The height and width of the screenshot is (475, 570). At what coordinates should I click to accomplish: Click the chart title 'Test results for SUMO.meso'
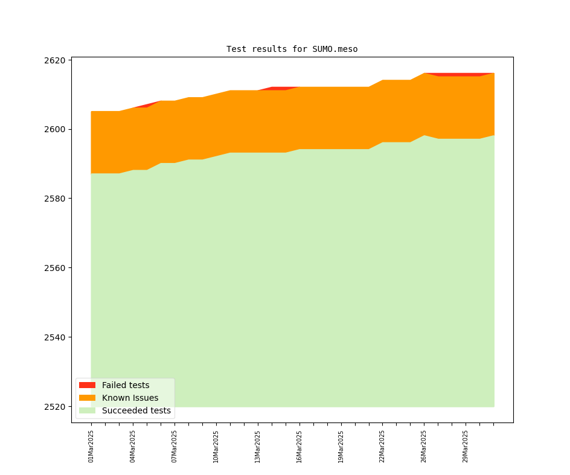click(292, 49)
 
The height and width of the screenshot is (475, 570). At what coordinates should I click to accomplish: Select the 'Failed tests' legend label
click(126, 385)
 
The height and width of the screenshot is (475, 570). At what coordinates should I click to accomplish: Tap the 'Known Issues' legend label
click(130, 398)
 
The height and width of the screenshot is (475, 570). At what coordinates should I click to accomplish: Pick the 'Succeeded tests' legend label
click(136, 410)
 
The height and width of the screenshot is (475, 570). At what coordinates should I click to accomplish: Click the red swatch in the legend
click(87, 385)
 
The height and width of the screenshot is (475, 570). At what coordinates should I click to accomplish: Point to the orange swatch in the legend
click(87, 398)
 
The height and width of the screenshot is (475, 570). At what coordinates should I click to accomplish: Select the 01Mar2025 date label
click(91, 446)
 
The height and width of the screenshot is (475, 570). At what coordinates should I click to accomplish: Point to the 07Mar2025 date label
click(175, 446)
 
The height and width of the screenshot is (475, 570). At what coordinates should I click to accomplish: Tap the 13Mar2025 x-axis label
click(258, 446)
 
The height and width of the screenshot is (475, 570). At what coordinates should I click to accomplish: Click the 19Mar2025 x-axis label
click(341, 446)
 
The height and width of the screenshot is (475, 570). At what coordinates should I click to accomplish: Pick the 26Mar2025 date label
click(424, 446)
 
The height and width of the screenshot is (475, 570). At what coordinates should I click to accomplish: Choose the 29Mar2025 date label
click(466, 446)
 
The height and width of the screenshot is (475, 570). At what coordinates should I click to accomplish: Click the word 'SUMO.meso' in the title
click(335, 49)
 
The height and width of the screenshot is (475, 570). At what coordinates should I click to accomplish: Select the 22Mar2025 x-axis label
click(382, 446)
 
